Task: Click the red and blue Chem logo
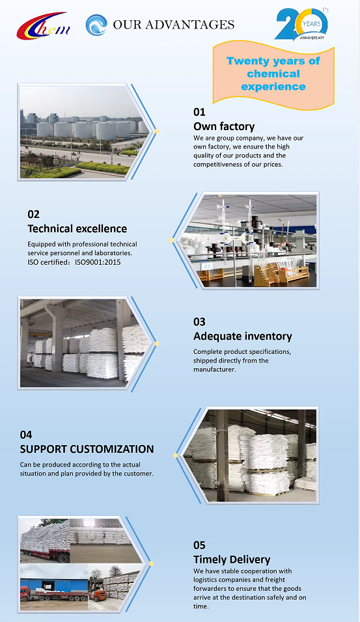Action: click(44, 26)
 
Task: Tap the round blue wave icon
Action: click(96, 25)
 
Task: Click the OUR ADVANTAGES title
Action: click(173, 25)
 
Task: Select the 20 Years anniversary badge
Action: click(301, 24)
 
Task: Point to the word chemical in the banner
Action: click(273, 74)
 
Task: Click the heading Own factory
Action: click(224, 126)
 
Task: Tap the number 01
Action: click(199, 112)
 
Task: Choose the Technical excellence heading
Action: click(77, 229)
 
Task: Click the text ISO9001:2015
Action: click(98, 262)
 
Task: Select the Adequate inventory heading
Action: click(243, 336)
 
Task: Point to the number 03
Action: click(199, 321)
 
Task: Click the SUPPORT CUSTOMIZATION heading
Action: click(87, 450)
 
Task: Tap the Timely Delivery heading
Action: click(232, 560)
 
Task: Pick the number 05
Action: click(199, 545)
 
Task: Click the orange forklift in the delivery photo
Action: click(97, 589)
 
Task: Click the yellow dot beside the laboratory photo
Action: click(172, 240)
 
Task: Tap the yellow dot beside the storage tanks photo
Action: click(157, 131)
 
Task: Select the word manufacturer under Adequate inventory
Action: click(215, 370)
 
